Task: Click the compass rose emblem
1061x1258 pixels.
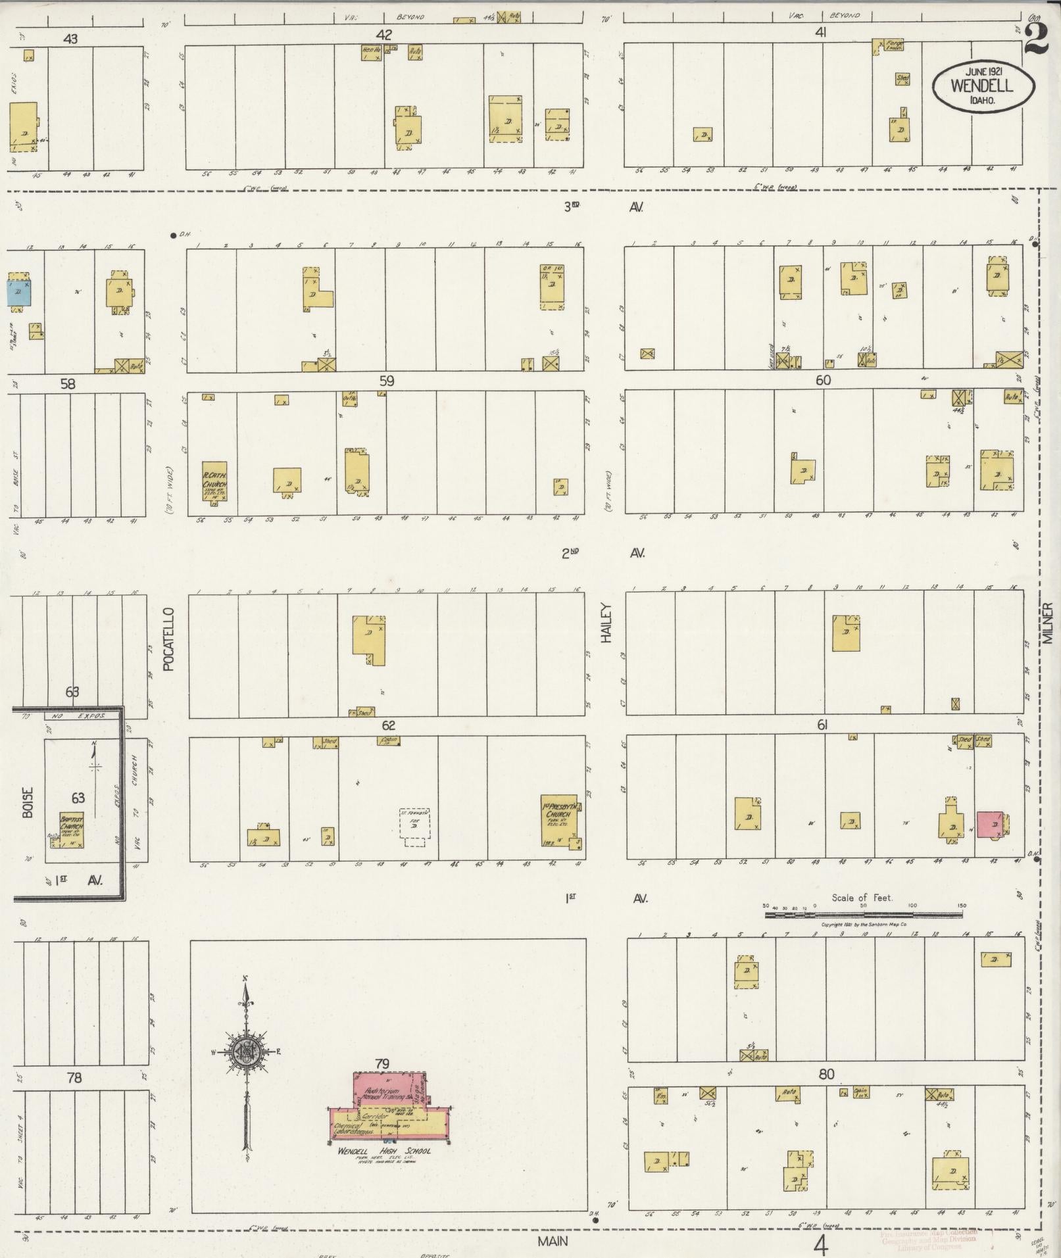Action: (245, 1052)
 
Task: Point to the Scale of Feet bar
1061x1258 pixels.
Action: (863, 914)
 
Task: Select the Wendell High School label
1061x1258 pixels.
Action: (383, 1151)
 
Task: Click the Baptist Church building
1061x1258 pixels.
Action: (71, 829)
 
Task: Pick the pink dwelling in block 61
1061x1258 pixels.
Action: (990, 824)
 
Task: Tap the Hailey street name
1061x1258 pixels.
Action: (606, 622)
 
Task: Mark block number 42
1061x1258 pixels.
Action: (383, 35)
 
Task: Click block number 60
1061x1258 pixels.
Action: (822, 380)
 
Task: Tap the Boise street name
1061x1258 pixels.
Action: (28, 802)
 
